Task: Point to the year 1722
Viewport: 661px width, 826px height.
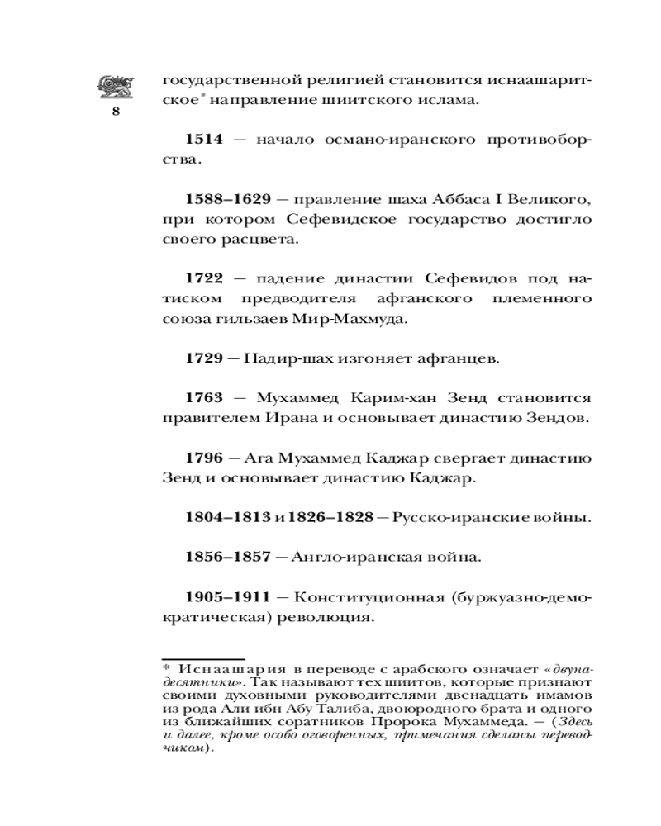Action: click(x=203, y=279)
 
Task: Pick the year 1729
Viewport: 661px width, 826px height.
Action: click(x=203, y=358)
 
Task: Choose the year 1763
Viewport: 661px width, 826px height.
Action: click(x=203, y=397)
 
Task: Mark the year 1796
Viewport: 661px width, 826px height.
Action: click(x=203, y=458)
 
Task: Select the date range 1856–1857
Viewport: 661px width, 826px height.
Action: click(x=228, y=558)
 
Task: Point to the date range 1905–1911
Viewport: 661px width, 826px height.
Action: click(x=228, y=596)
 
